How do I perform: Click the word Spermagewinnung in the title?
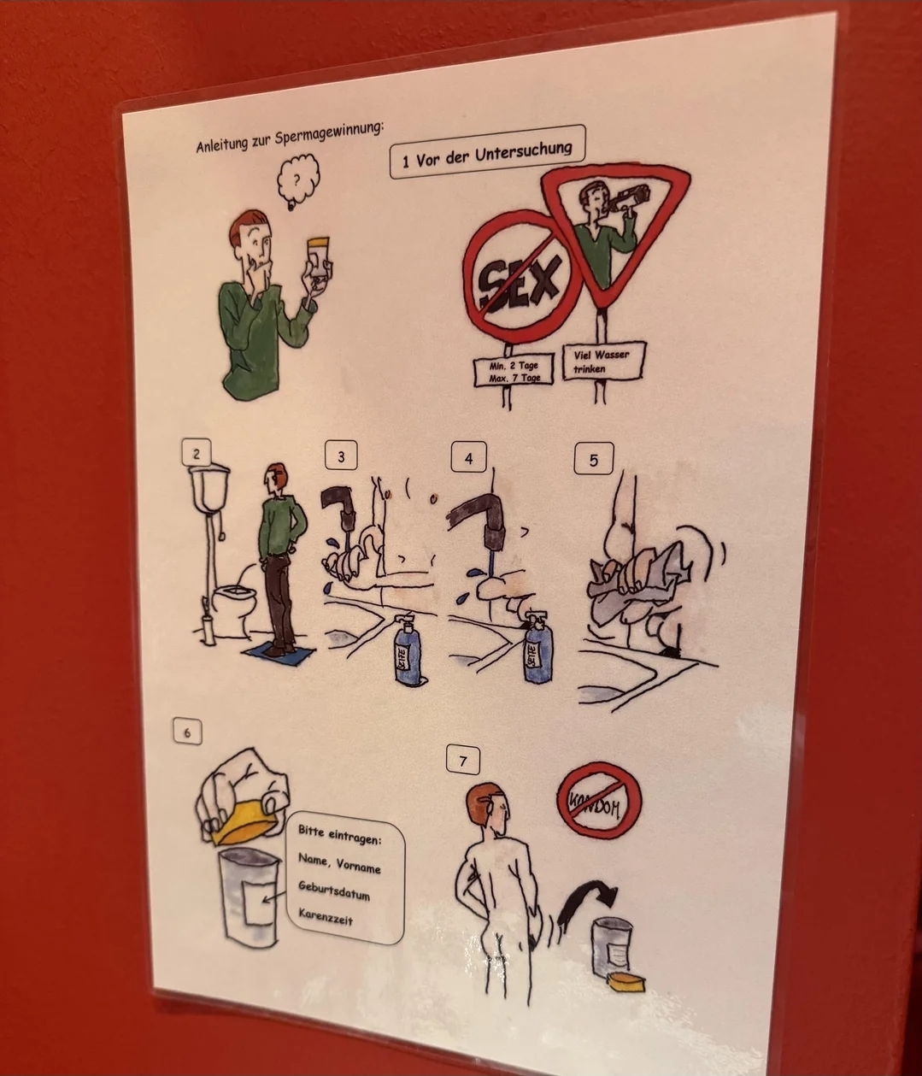(x=330, y=134)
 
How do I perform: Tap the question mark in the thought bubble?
(x=297, y=180)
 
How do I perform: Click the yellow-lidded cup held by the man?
(x=318, y=263)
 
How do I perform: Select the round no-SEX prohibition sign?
(x=521, y=278)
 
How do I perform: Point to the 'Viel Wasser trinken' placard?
(x=603, y=362)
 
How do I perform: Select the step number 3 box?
(x=341, y=456)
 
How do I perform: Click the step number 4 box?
(x=468, y=458)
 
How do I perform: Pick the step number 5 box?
(x=594, y=460)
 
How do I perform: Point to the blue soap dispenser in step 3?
(x=409, y=647)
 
